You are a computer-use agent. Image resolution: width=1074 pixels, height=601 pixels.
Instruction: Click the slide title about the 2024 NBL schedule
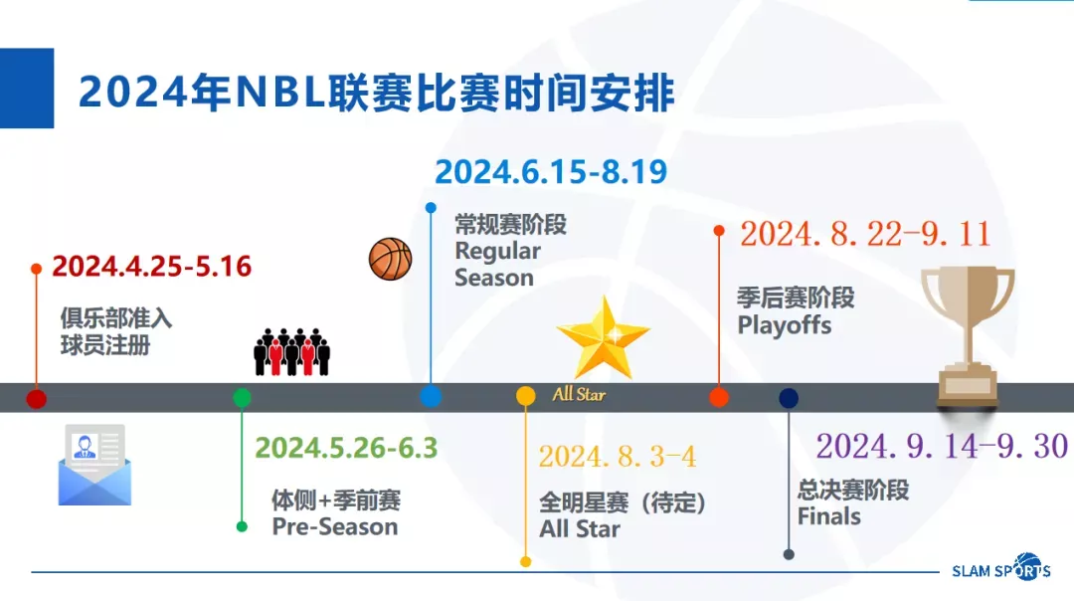pyautogui.click(x=377, y=93)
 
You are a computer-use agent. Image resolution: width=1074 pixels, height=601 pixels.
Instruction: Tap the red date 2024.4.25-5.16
pyautogui.click(x=152, y=267)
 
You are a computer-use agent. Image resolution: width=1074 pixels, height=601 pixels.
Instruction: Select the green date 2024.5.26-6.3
pyautogui.click(x=346, y=448)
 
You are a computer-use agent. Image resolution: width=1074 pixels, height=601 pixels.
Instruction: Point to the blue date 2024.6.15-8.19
pyautogui.click(x=551, y=171)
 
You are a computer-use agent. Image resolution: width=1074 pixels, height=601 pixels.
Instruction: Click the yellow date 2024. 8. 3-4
pyautogui.click(x=618, y=457)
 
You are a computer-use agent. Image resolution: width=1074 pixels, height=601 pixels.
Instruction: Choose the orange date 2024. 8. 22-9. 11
pyautogui.click(x=865, y=234)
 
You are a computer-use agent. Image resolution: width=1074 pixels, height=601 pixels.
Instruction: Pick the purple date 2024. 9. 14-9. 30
pyautogui.click(x=942, y=446)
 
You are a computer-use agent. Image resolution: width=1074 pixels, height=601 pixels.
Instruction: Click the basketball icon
pyautogui.click(x=391, y=259)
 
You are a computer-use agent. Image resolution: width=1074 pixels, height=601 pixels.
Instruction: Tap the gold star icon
pyautogui.click(x=604, y=337)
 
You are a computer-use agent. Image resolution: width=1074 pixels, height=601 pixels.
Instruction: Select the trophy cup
pyautogui.click(x=968, y=335)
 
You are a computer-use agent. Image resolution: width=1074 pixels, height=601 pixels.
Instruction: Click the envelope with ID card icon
pyautogui.click(x=94, y=465)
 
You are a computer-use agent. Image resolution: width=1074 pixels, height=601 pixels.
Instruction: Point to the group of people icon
pyautogui.click(x=291, y=351)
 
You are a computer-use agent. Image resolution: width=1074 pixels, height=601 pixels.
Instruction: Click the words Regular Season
pyautogui.click(x=497, y=265)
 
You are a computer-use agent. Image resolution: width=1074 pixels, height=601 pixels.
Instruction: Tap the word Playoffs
pyautogui.click(x=785, y=325)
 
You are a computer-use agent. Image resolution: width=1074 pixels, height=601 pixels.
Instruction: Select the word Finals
pyautogui.click(x=828, y=516)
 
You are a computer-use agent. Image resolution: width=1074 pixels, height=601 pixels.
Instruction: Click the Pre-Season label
pyautogui.click(x=335, y=527)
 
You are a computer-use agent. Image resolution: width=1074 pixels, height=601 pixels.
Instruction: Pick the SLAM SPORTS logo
pyautogui.click(x=1001, y=568)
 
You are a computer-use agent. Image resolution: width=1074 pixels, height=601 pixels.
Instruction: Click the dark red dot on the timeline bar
pyautogui.click(x=37, y=398)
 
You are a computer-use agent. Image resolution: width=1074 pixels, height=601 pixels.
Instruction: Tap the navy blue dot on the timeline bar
pyautogui.click(x=789, y=397)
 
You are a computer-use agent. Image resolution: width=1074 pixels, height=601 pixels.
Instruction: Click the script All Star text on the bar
pyautogui.click(x=579, y=394)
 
